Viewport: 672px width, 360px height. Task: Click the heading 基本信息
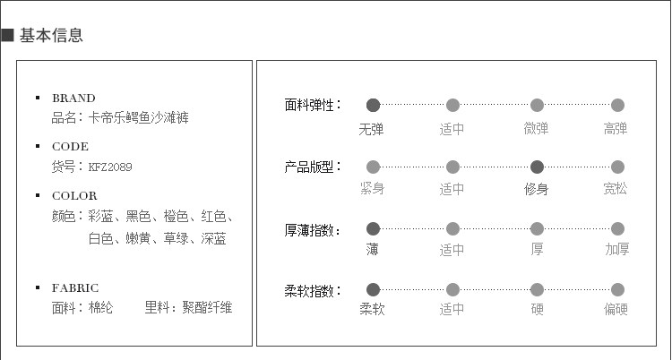point(51,36)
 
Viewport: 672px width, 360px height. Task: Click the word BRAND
point(73,99)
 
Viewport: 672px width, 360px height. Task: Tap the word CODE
point(71,147)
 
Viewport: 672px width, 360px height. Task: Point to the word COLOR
point(74,196)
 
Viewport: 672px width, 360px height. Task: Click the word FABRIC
point(75,288)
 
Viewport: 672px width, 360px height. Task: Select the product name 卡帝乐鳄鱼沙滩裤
point(139,117)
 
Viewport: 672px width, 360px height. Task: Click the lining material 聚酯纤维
point(207,308)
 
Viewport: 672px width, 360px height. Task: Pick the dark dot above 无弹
point(373,106)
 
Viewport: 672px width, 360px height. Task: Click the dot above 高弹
point(617,106)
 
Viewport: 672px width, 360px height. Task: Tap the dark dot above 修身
point(537,167)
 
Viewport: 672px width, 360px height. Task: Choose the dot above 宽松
point(617,167)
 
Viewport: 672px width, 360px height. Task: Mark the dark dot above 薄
point(373,228)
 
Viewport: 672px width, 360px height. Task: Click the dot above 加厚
point(617,228)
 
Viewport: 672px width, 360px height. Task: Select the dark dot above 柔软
point(373,289)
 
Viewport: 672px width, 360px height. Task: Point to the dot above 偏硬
point(617,289)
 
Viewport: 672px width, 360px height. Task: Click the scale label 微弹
point(536,129)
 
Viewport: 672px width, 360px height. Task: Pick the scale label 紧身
point(372,189)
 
